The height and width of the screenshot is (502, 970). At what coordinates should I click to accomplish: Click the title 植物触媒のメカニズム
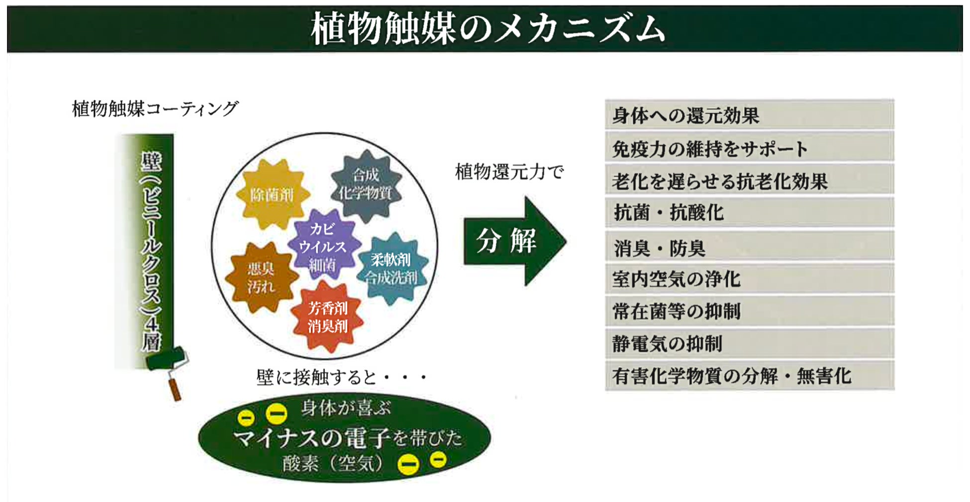[x=487, y=29]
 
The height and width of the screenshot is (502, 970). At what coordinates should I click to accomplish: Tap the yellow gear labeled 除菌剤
[x=273, y=195]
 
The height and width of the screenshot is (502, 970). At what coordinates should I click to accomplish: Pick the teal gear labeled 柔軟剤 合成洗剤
[x=392, y=269]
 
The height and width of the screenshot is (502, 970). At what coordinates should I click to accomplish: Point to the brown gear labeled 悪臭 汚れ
[x=260, y=278]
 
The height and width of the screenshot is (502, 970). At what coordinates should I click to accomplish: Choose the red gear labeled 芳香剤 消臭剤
[x=327, y=317]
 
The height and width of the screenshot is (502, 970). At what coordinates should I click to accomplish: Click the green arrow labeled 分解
[x=512, y=241]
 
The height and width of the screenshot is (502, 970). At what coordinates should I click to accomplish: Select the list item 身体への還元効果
[x=749, y=115]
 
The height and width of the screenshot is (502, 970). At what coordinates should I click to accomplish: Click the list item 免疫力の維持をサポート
[x=749, y=148]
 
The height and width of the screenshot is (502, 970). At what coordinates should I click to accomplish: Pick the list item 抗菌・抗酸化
[x=749, y=212]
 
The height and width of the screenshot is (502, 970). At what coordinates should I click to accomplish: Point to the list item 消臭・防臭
[x=749, y=247]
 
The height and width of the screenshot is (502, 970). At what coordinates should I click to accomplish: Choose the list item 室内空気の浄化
[x=749, y=279]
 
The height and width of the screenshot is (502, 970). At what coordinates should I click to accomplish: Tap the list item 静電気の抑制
[x=749, y=343]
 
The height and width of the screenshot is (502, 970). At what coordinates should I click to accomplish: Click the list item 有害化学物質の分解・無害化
[x=749, y=376]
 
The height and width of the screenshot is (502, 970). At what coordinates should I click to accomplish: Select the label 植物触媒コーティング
[x=155, y=108]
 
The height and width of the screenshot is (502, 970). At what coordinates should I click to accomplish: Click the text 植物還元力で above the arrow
[x=509, y=172]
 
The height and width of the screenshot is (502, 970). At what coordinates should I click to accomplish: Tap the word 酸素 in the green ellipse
[x=300, y=464]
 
